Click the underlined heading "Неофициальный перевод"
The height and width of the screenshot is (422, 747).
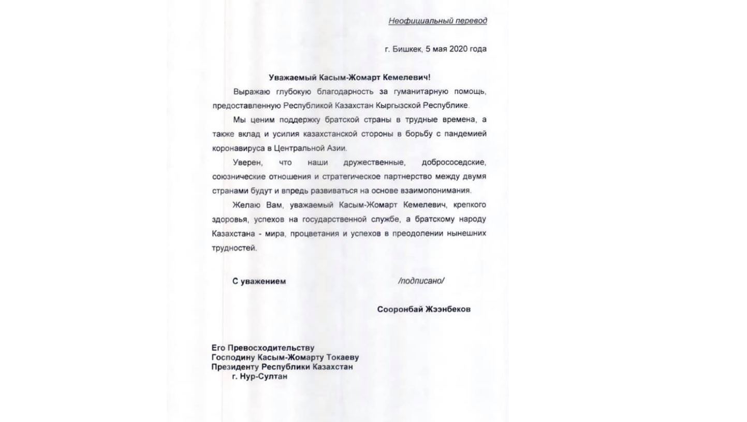[x=437, y=21]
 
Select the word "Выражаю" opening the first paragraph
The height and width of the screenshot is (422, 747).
[x=250, y=92]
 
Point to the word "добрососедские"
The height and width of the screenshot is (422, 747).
[x=454, y=163]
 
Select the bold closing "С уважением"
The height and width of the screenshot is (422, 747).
[x=259, y=282]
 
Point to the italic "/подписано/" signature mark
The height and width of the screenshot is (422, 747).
[x=421, y=281]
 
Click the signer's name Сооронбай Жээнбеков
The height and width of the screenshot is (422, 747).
[x=423, y=310]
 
